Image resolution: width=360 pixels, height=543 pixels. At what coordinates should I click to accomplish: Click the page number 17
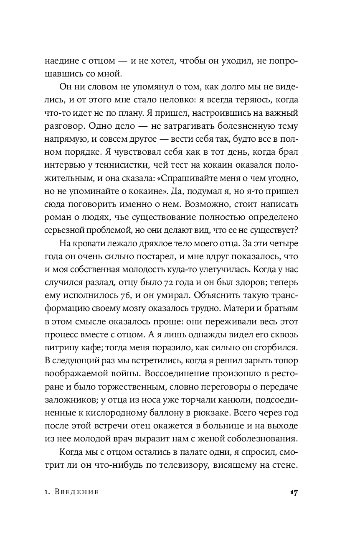coord(293,492)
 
